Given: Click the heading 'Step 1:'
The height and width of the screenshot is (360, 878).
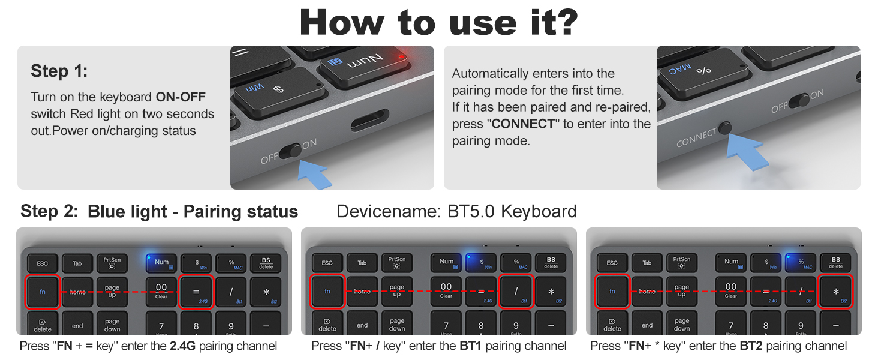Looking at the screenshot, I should point(59,71).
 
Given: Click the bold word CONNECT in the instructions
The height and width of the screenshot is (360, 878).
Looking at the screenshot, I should point(523,124).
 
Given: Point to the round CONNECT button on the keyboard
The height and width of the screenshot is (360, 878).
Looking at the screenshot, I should point(726,128).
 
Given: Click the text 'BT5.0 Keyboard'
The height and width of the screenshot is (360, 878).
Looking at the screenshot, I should point(512,211).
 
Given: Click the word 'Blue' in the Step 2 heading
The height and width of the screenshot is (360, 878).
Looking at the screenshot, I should point(109,212).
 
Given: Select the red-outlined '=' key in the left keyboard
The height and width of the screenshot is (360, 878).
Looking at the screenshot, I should point(196,292).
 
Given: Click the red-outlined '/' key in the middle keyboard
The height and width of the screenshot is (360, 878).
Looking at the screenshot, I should point(516,292).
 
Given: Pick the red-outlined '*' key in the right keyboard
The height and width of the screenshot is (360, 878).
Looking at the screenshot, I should point(835,292).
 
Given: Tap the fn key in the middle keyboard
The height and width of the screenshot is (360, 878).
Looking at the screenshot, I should point(327,292).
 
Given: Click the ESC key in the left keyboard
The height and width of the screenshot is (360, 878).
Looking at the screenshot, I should point(42,263).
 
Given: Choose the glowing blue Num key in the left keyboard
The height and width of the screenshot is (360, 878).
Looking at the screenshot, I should point(161,263).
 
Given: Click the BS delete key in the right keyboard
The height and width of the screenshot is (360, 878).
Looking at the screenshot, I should point(836,263).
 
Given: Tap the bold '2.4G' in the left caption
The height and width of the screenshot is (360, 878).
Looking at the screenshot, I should point(182,346).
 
